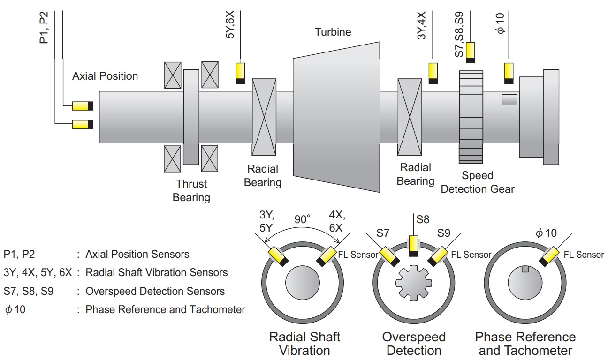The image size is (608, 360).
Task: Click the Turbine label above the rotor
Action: pyautogui.click(x=333, y=32)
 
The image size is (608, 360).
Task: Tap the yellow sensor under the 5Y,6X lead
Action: pyautogui.click(x=240, y=73)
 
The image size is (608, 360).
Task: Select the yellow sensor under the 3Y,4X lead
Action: pyautogui.click(x=433, y=73)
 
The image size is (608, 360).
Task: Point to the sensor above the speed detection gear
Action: pyautogui.click(x=470, y=52)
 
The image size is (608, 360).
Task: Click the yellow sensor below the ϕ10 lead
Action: pyautogui.click(x=509, y=73)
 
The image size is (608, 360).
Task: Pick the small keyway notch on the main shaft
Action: pyautogui.click(x=509, y=99)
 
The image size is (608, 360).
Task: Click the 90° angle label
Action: pyautogui.click(x=303, y=219)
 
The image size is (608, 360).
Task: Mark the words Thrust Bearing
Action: pyautogui.click(x=191, y=190)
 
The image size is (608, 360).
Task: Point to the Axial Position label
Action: pyautogui.click(x=105, y=76)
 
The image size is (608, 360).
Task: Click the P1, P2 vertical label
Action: pyautogui.click(x=44, y=28)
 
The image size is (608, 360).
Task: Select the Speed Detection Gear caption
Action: pyautogui.click(x=478, y=182)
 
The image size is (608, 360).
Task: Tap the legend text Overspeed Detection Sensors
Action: pyautogui.click(x=155, y=291)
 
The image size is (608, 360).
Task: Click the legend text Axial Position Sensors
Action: pyautogui.click(x=137, y=254)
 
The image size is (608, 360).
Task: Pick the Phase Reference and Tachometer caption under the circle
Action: pyautogui.click(x=525, y=343)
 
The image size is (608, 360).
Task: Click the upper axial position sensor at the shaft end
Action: pyautogui.click(x=83, y=106)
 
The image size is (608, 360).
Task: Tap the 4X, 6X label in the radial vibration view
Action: pyautogui.click(x=337, y=221)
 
